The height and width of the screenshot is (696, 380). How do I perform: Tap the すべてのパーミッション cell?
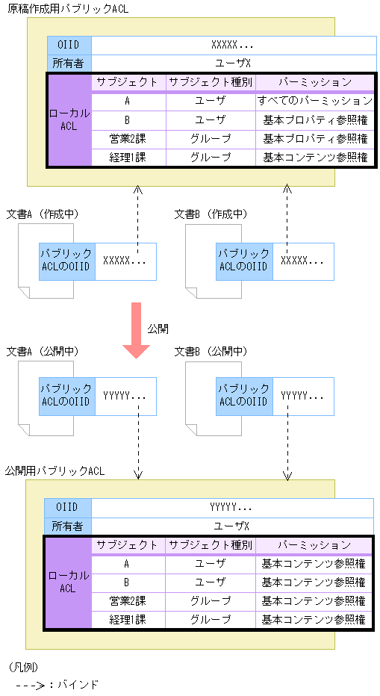point(314,101)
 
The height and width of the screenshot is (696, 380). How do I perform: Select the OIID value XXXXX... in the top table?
point(234,45)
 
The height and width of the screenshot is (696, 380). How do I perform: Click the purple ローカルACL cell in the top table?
point(69,119)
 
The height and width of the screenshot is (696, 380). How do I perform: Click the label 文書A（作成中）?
point(43,214)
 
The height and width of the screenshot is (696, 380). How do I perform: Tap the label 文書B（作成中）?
point(211,214)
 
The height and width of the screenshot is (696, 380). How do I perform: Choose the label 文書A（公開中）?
point(43,351)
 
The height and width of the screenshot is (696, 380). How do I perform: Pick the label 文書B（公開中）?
point(211,351)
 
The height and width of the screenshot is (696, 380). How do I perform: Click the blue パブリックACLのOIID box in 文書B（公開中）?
point(244,397)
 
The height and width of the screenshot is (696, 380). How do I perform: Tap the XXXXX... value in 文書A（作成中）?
point(125,261)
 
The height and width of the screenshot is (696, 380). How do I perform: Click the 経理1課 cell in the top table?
point(128,158)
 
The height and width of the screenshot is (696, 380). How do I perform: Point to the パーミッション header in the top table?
point(314,82)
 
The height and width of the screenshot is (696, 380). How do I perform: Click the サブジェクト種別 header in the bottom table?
point(210,545)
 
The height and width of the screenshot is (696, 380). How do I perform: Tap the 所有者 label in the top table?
point(69,63)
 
